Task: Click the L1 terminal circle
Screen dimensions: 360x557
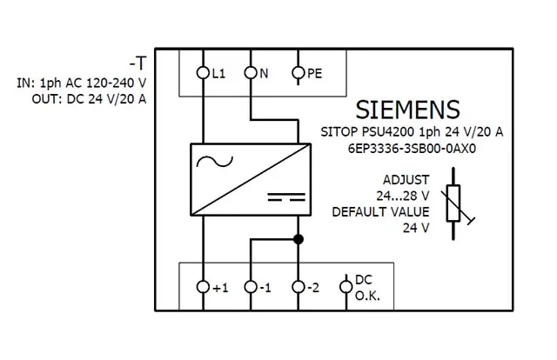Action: click(x=204, y=74)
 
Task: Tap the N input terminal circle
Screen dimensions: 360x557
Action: click(x=251, y=74)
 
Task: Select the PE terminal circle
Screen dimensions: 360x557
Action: click(x=298, y=74)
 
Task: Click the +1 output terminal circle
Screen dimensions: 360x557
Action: click(x=204, y=286)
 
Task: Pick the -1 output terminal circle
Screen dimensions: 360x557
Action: click(x=251, y=286)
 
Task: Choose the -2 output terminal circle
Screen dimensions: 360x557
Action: click(x=298, y=286)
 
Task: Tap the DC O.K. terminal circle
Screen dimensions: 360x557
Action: click(x=345, y=286)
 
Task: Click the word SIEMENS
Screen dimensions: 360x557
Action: click(x=407, y=110)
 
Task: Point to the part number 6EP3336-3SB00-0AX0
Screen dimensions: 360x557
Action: click(x=407, y=148)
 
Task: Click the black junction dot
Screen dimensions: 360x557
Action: click(x=298, y=238)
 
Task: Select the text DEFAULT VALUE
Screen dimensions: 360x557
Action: click(x=381, y=211)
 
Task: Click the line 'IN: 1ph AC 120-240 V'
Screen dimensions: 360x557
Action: click(x=81, y=83)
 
